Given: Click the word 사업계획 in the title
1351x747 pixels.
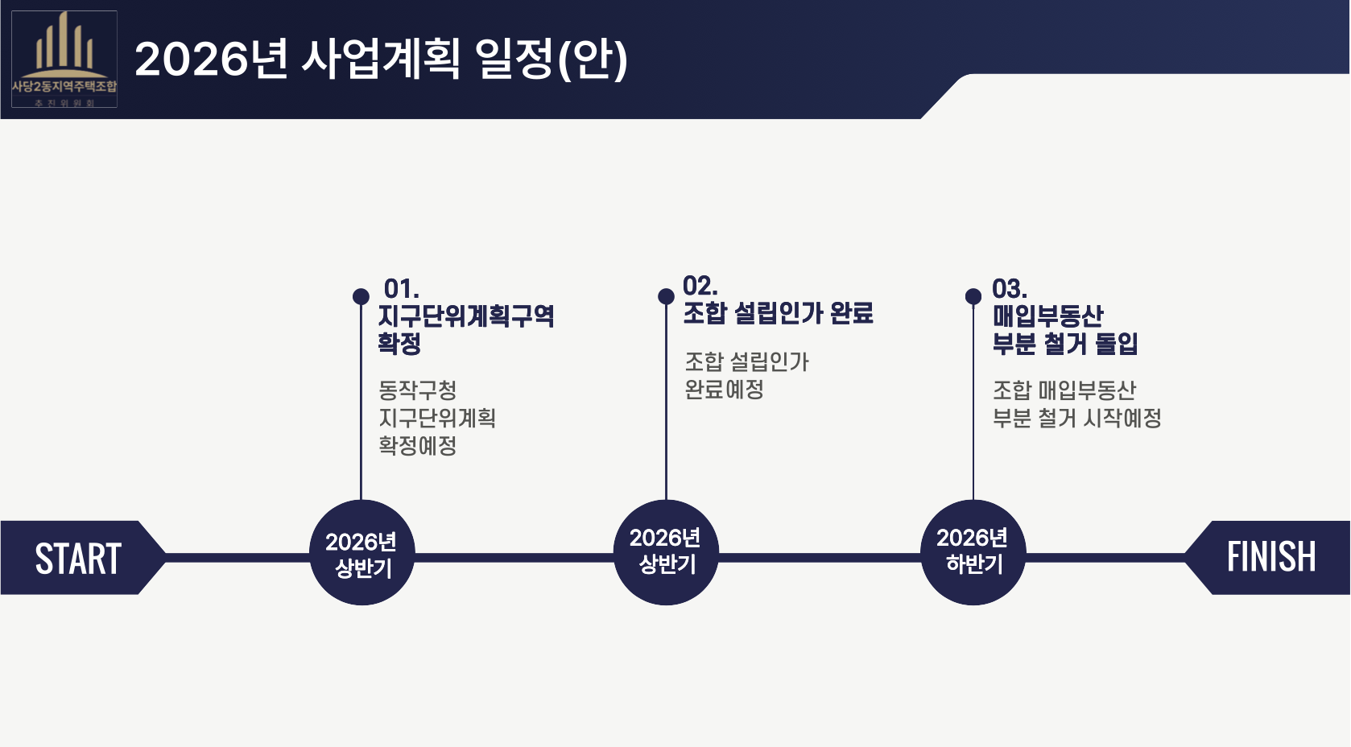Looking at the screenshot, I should pos(381,59).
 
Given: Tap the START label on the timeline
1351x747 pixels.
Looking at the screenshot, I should pos(78,559).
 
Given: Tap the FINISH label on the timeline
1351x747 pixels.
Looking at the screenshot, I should pos(1270,557).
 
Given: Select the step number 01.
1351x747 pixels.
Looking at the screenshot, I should pos(401,288).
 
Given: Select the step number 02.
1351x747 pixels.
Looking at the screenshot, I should pos(700,286).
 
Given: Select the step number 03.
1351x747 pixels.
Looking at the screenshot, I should pos(1009,288).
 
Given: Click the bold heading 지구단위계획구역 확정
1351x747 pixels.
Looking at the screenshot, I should pos(465,328).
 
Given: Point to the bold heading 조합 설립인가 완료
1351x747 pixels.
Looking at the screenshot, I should pos(778,313).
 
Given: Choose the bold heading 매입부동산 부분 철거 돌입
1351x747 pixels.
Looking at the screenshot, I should pos(1064,329).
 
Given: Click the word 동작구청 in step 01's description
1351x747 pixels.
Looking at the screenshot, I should pos(418,390).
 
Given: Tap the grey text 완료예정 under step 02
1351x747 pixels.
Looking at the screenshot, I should pos(724,390).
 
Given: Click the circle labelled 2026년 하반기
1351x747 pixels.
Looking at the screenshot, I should pos(973,551).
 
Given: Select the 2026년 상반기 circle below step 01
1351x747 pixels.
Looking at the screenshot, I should pos(362,553).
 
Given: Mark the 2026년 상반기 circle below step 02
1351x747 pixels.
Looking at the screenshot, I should pos(666,551).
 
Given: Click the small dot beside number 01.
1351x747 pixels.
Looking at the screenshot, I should pos(361,296).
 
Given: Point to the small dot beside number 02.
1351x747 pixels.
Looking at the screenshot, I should pos(666,296).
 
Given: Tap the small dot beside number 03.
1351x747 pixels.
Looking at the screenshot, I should pos(973,296).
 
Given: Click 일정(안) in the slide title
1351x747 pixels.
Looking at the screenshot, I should pos(552,59).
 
